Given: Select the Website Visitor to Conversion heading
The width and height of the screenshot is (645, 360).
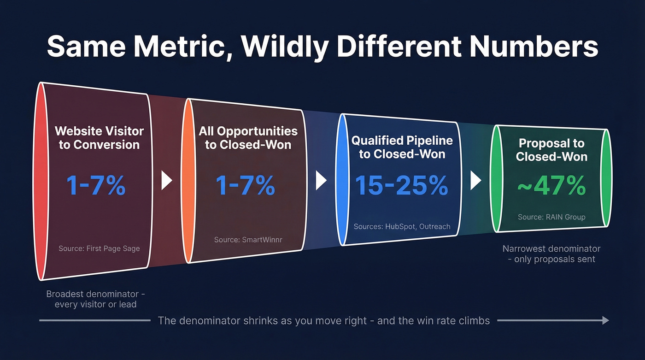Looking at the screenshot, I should coord(99,137).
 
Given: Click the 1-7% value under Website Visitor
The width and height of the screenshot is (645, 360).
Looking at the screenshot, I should coord(95,185).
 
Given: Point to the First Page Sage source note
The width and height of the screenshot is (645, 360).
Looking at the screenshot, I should coord(99,248).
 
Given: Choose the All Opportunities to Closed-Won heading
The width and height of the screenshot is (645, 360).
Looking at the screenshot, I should coord(248,137).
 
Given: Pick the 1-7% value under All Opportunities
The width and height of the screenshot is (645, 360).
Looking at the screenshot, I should coord(245,185).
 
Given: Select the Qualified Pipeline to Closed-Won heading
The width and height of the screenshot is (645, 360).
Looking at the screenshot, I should coord(402,147).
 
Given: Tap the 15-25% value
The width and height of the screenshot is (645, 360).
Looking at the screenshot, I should coord(401,185).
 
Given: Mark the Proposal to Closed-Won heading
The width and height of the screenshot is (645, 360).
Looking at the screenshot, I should coord(551,150).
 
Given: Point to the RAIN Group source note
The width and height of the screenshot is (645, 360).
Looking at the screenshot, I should coord(551,217).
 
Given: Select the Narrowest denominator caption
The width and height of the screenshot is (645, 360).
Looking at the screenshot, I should coord(551,254).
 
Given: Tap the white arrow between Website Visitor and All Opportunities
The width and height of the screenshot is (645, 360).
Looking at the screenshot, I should coord(166,181).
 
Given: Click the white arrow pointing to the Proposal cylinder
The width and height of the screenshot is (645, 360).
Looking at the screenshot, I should coord(475,181).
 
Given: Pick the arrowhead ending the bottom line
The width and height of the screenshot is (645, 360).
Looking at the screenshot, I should coord(605,320).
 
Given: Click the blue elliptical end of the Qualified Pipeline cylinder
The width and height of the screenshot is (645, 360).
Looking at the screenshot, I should coord(342,180).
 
